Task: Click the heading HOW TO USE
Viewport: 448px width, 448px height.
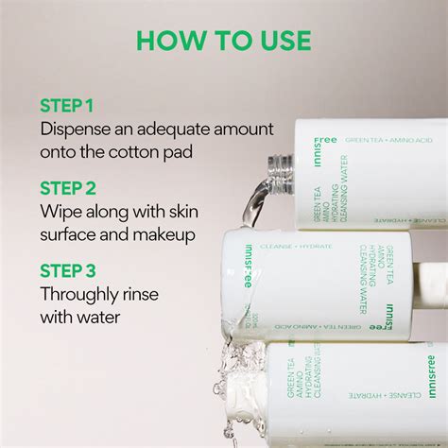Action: click(223, 41)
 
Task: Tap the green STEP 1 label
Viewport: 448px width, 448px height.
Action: click(67, 104)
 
